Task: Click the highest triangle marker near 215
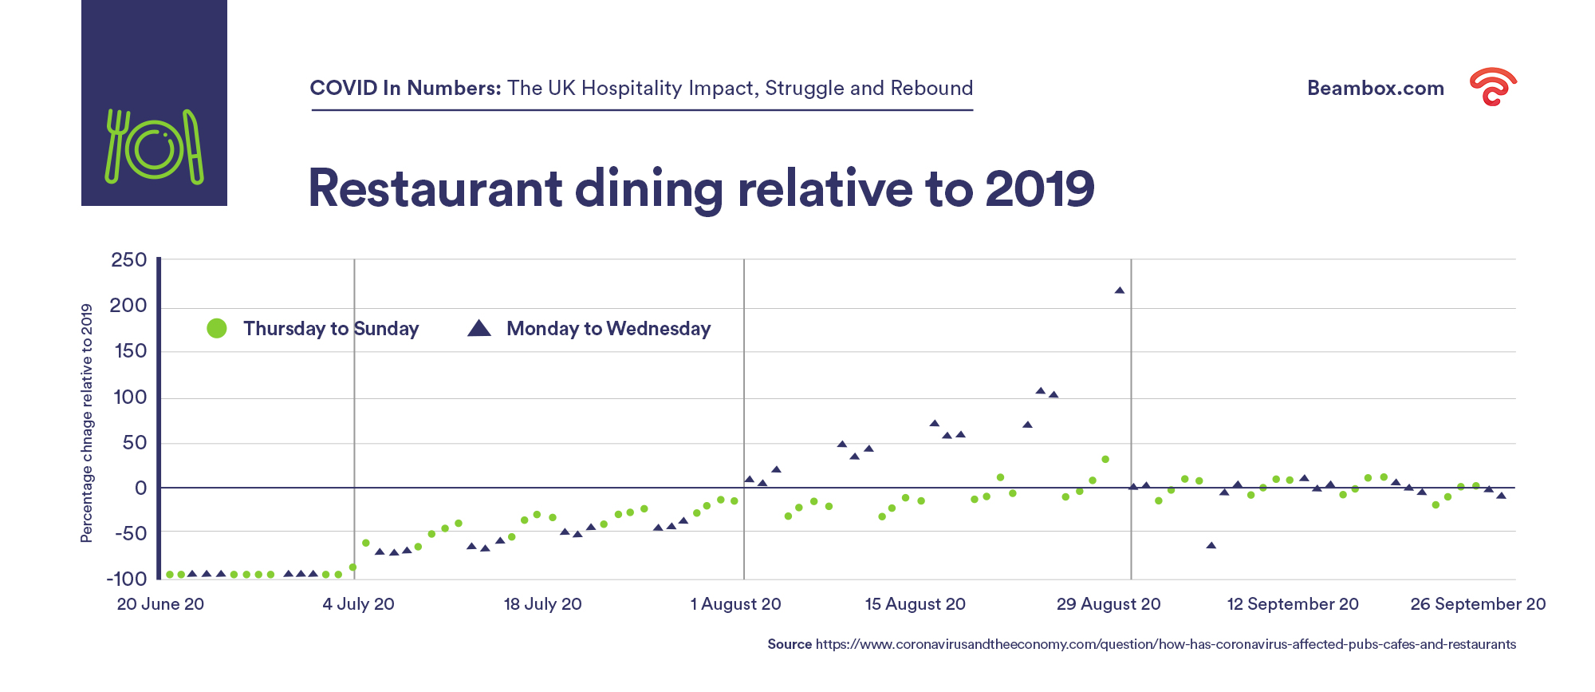coord(1120,291)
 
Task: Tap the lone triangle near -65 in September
coord(1211,546)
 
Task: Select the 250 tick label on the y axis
coord(129,260)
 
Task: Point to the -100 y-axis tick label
coord(127,579)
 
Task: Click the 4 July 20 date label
coord(358,604)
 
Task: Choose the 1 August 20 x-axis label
coord(735,604)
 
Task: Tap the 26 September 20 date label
coord(1478,604)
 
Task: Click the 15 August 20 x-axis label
coord(915,604)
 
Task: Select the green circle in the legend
coord(217,328)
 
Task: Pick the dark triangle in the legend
coord(478,328)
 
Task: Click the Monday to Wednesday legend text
coord(608,329)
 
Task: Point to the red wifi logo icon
coord(1493,86)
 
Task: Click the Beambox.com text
coord(1375,89)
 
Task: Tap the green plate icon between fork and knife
coord(154,148)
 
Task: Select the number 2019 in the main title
coord(1040,189)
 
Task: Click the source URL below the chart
coord(1165,644)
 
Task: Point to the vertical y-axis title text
coord(87,423)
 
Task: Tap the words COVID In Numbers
coord(405,88)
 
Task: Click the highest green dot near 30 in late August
coord(1105,460)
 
